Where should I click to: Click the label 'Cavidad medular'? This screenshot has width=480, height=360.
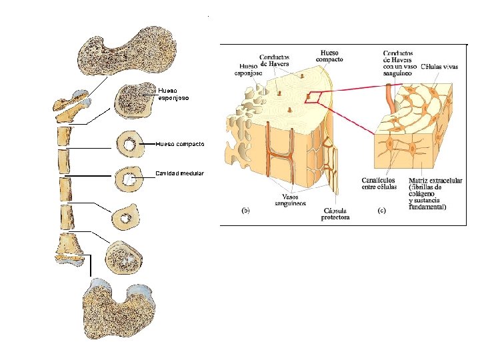(179, 173)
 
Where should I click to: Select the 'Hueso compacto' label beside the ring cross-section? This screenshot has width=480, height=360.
(180, 143)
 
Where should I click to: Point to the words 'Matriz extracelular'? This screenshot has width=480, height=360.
(437, 180)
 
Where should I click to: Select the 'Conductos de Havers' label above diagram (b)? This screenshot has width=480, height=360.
(275, 60)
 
